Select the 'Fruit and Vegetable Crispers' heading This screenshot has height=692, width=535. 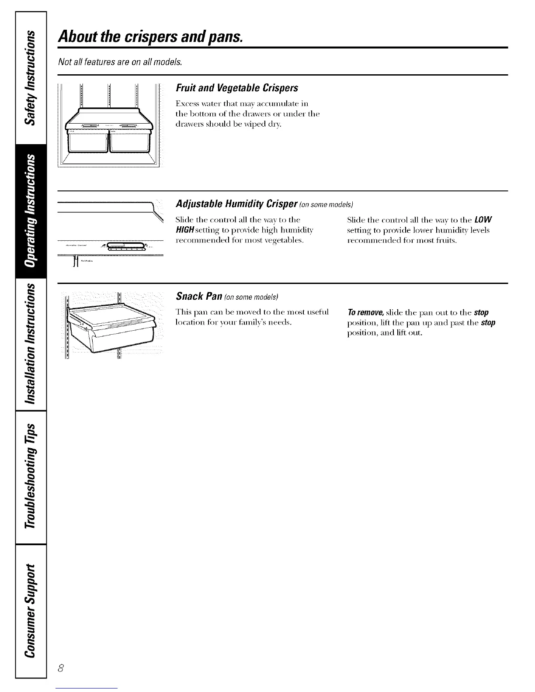click(236, 88)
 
